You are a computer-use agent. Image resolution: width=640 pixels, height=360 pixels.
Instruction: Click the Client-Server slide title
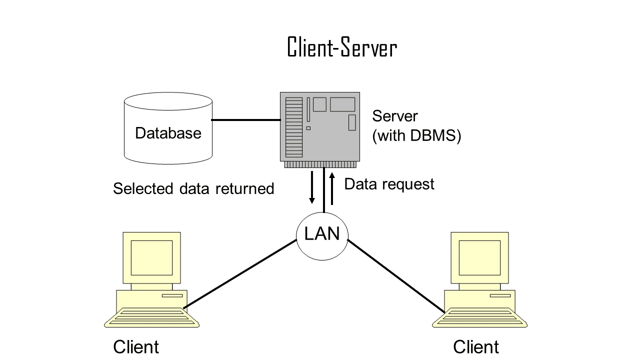[x=342, y=48]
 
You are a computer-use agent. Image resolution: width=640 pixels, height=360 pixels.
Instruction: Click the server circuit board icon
[x=320, y=127]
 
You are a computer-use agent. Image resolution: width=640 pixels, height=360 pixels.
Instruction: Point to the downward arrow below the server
[x=312, y=187]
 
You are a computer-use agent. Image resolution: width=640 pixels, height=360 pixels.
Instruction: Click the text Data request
[x=389, y=184]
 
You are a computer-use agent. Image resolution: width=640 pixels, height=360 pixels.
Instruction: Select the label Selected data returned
[x=193, y=188]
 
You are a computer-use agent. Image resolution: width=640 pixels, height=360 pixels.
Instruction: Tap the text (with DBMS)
[x=416, y=136]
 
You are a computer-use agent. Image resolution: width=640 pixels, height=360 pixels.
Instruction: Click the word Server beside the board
[x=395, y=116]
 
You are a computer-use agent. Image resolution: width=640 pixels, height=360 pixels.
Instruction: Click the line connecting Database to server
[x=245, y=120]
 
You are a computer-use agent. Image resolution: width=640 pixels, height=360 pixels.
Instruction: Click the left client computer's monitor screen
[x=151, y=257]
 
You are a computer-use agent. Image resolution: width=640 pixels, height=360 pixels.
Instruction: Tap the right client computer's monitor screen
[x=479, y=257]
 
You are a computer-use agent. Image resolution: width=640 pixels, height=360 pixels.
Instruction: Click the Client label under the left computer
[x=136, y=347]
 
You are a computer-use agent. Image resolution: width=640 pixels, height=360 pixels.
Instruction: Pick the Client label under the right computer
[x=476, y=347]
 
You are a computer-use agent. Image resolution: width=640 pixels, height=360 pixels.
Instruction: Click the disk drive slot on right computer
[x=500, y=295]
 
